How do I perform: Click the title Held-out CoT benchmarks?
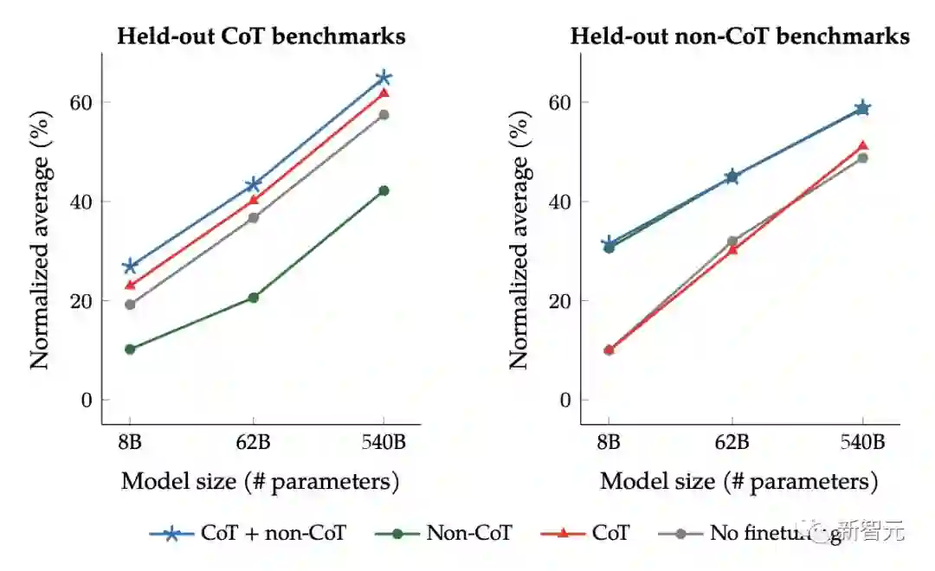click(x=261, y=36)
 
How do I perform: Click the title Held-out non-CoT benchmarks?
click(x=739, y=36)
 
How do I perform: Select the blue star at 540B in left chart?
click(x=384, y=78)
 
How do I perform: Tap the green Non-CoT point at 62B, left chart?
click(x=254, y=298)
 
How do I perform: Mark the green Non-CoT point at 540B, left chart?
click(x=384, y=190)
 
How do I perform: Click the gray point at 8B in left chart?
click(x=130, y=305)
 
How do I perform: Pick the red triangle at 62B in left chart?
click(x=254, y=200)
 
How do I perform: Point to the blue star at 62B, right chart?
click(x=732, y=176)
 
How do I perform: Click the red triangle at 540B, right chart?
click(x=862, y=145)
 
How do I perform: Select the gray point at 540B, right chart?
click(x=862, y=157)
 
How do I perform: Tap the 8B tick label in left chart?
click(x=130, y=443)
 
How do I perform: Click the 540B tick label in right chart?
click(x=862, y=443)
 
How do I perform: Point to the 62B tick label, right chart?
click(x=732, y=443)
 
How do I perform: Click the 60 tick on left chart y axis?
click(x=81, y=102)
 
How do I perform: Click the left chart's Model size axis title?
click(x=260, y=481)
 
